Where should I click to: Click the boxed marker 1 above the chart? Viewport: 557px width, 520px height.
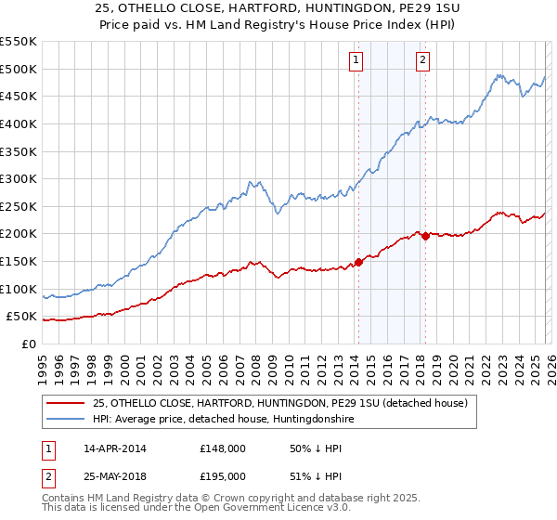[x=356, y=60]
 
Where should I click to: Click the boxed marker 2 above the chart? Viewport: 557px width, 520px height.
[x=422, y=60]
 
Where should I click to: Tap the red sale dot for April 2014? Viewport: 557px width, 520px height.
[x=358, y=262]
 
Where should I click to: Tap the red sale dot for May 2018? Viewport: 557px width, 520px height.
[x=425, y=236]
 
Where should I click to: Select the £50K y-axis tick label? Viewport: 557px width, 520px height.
[x=21, y=317]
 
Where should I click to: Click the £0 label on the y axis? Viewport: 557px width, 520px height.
[x=28, y=344]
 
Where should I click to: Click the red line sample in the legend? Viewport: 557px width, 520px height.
[x=66, y=403]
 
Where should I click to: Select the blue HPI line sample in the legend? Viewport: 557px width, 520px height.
[x=66, y=420]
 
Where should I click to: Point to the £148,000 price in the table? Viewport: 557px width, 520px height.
[x=223, y=448]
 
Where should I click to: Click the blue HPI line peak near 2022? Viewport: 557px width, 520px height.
[x=499, y=75]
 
